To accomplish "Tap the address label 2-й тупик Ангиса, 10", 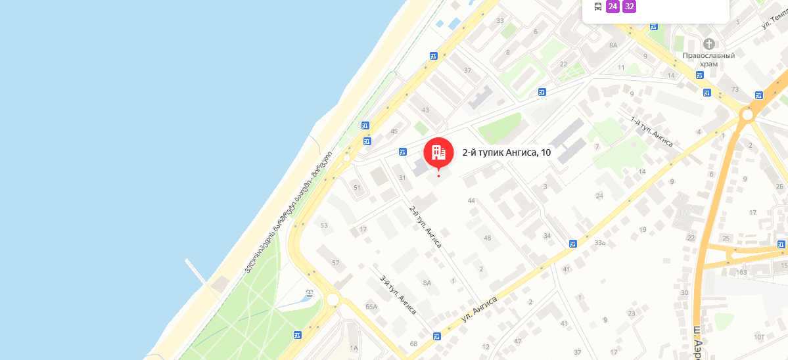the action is pyautogui.click(x=506, y=152).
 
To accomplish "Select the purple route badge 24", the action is pyautogui.click(x=613, y=7).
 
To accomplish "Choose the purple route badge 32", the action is pyautogui.click(x=630, y=7).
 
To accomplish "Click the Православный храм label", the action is pyautogui.click(x=708, y=60).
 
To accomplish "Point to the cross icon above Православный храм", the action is pyautogui.click(x=708, y=44).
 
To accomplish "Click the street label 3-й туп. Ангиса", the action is pyautogui.click(x=398, y=294).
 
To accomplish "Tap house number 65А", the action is pyautogui.click(x=371, y=307).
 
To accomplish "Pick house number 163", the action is pyautogui.click(x=742, y=272).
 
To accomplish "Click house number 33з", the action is pyautogui.click(x=599, y=243).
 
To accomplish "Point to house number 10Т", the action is pyautogui.click(x=759, y=337).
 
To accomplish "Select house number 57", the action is pyautogui.click(x=336, y=263).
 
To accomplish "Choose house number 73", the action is pyautogui.click(x=735, y=89).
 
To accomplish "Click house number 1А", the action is pyautogui.click(x=354, y=348).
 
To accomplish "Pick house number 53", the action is pyautogui.click(x=323, y=225).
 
